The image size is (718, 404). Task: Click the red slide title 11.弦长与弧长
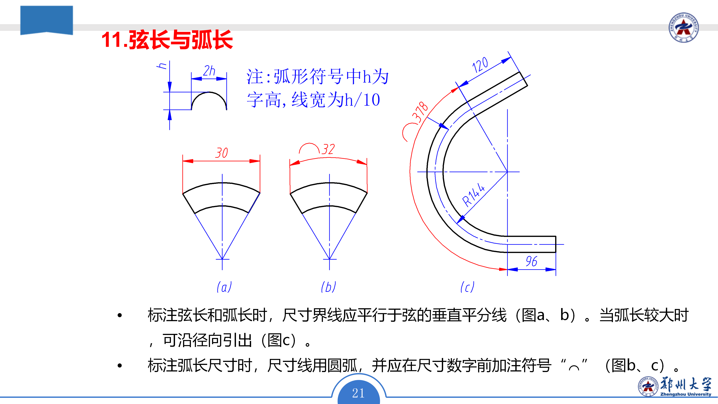[x=167, y=40]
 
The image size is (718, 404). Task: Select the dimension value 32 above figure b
[x=328, y=149]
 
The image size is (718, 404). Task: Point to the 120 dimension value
[x=480, y=65]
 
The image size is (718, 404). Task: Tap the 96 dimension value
[x=531, y=261]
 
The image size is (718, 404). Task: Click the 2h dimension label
[x=209, y=71]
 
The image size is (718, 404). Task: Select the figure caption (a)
[x=224, y=287]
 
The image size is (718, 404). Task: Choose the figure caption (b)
[x=329, y=287]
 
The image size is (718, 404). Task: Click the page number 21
[x=358, y=393]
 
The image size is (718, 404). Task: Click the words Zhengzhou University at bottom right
[x=686, y=394]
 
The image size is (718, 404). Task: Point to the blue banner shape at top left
[x=47, y=19]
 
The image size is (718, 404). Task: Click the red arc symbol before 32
[x=309, y=148]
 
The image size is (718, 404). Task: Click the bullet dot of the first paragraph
[x=120, y=315]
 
